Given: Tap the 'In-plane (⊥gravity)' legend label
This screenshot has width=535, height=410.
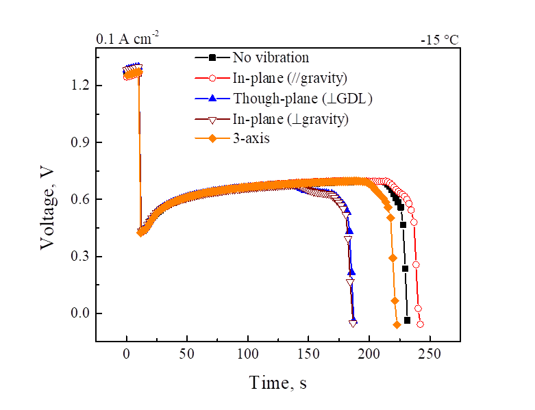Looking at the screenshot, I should coord(281,118).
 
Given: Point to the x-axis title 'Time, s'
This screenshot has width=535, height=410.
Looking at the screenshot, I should coord(278,383).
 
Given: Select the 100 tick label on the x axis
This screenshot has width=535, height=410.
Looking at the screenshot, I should coord(248,354).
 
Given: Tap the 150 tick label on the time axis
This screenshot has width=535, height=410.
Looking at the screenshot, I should coord(308,354).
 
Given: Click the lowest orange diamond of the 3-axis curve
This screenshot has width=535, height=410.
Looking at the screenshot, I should coord(397,324).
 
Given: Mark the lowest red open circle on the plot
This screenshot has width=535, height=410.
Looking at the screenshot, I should coord(420,324).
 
